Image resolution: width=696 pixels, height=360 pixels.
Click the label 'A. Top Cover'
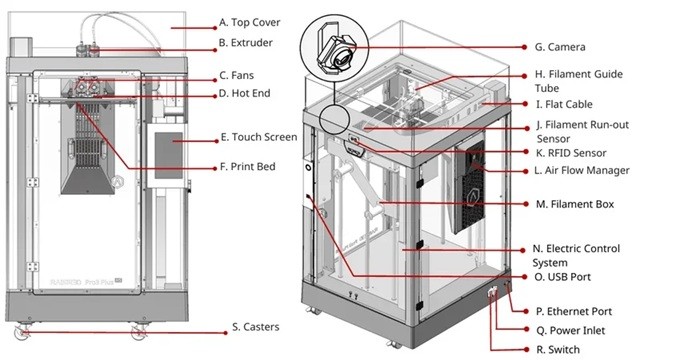(x=249, y=22)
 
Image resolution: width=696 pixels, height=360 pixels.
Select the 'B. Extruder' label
(x=245, y=43)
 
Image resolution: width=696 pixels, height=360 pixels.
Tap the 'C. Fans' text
(x=237, y=75)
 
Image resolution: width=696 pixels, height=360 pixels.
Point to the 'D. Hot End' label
(x=245, y=94)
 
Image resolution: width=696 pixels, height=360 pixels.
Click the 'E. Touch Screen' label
(x=259, y=137)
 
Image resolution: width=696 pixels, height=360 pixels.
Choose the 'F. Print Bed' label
(x=248, y=167)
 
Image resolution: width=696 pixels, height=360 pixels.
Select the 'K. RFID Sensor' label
(x=571, y=153)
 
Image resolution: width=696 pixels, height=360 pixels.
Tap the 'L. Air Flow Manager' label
(x=583, y=170)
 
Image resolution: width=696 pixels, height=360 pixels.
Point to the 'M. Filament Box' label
(x=575, y=205)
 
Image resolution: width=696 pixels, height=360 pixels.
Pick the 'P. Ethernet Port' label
(x=574, y=312)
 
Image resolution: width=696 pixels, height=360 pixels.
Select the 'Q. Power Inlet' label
(x=571, y=331)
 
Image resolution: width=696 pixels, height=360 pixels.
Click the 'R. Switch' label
(x=558, y=350)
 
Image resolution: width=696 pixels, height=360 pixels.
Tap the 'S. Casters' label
(x=256, y=327)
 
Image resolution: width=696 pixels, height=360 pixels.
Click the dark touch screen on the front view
(x=169, y=155)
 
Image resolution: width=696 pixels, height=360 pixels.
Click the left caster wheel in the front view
(x=22, y=332)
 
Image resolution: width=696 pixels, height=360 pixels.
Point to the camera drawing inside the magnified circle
(x=335, y=52)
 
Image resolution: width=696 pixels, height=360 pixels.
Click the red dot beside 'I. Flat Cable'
(x=525, y=104)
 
